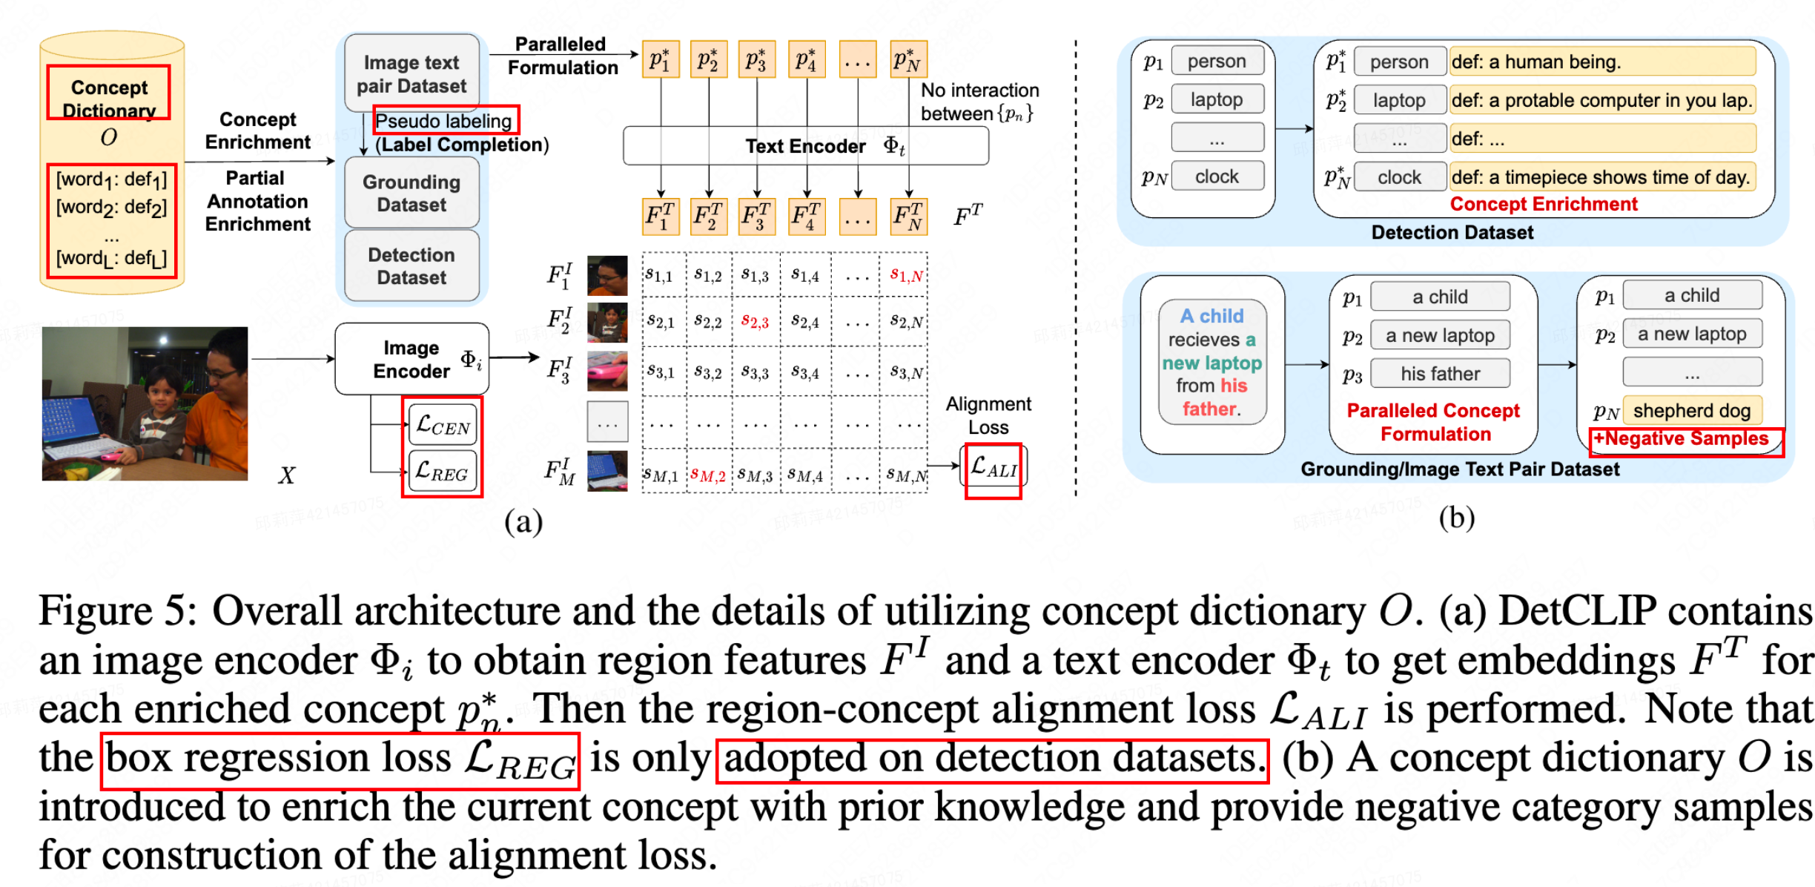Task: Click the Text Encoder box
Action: pyautogui.click(x=805, y=146)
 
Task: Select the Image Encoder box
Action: pyautogui.click(x=411, y=359)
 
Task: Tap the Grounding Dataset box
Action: pyautogui.click(x=411, y=193)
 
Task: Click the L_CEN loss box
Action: pyautogui.click(x=443, y=425)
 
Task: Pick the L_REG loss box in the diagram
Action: pyautogui.click(x=443, y=472)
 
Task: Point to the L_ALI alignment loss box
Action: pyautogui.click(x=994, y=468)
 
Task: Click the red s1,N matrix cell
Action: pyautogui.click(x=906, y=276)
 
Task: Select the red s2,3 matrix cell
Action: pyautogui.click(x=755, y=322)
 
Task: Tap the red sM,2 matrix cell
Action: pyautogui.click(x=707, y=475)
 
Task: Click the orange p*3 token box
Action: pyautogui.click(x=756, y=59)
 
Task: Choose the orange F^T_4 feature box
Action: pyautogui.click(x=805, y=217)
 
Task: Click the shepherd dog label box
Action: pyautogui.click(x=1691, y=410)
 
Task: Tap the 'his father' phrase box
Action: pyautogui.click(x=1440, y=374)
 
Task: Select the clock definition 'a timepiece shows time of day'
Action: pyautogui.click(x=1601, y=177)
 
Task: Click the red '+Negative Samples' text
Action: pyautogui.click(x=1681, y=439)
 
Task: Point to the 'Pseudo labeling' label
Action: pyautogui.click(x=443, y=121)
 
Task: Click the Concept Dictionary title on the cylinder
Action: pyautogui.click(x=110, y=98)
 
